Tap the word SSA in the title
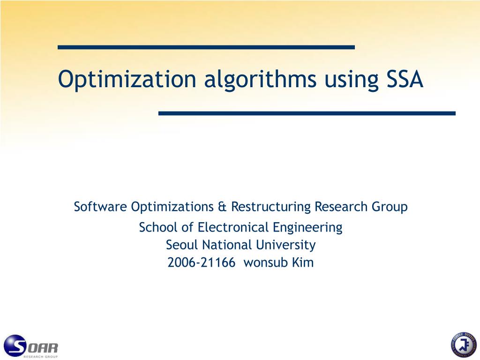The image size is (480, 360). pos(405,79)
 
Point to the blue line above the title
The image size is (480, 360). pos(206,47)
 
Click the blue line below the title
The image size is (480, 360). pos(307,113)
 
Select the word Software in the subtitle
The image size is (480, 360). pos(100,207)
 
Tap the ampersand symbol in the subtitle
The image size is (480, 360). pos(222,207)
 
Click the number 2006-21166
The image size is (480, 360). pos(202,262)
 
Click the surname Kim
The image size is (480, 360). pos(303,262)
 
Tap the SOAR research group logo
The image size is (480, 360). pos(31,346)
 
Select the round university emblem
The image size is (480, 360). pos(463,345)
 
